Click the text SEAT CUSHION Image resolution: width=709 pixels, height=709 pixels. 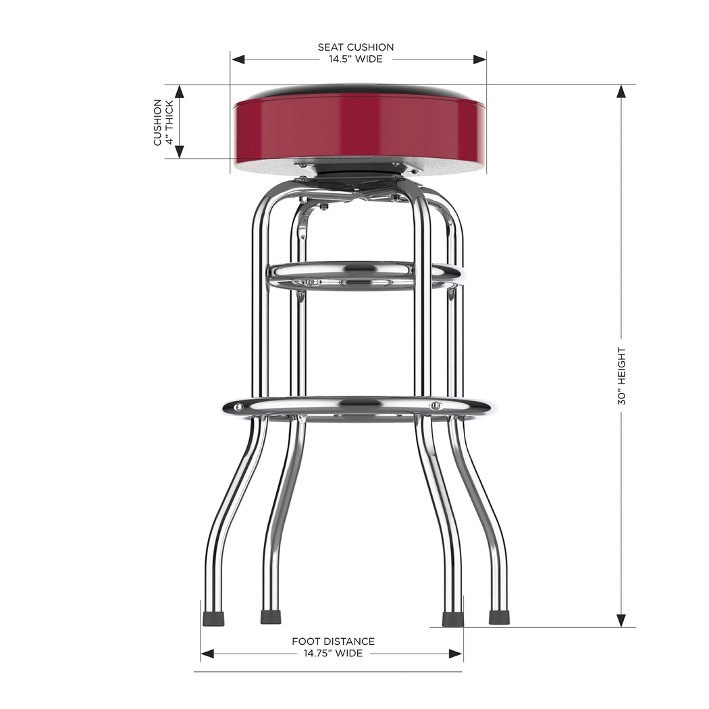point(356,47)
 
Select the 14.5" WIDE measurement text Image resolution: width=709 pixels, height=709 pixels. point(356,59)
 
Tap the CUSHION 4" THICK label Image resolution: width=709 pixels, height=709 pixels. point(163,122)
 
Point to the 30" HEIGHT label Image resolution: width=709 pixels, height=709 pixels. point(621,376)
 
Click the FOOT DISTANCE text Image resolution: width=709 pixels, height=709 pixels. point(333,641)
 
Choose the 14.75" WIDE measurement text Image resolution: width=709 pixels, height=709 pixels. point(333,654)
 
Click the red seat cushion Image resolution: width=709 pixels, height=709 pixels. point(358,128)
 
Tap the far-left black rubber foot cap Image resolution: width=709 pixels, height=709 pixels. point(214,618)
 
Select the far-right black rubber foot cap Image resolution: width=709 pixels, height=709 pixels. point(499,617)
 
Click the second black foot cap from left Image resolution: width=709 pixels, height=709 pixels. point(271,617)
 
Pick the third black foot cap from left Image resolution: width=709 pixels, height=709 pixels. point(452,619)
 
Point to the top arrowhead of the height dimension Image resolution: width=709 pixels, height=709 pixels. point(621,91)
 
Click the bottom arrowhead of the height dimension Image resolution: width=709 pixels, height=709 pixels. point(621,621)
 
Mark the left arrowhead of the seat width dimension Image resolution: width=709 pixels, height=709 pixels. point(237,59)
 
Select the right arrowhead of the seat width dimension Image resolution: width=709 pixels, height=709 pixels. point(479,59)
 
